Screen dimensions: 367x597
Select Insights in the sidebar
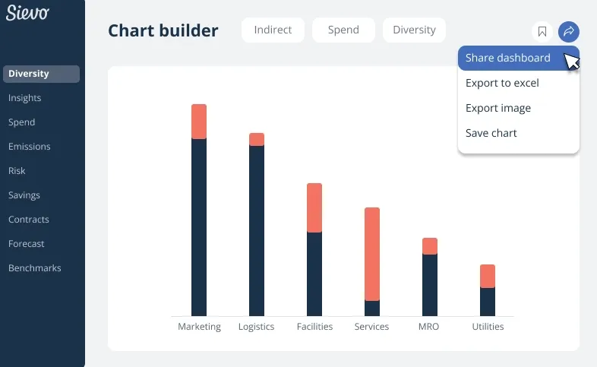coord(24,98)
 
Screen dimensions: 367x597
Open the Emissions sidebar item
coord(29,147)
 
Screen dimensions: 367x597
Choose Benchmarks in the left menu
coord(34,268)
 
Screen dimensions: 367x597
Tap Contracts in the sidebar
coord(28,220)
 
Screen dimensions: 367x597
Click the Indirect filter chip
coord(273,30)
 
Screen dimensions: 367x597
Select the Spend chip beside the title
coord(343,30)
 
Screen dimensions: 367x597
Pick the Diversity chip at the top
coord(414,30)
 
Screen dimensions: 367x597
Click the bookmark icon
coord(542,31)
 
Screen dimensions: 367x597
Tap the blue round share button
coord(568,31)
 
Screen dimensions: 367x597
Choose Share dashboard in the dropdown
coord(508,58)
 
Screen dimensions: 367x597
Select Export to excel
coord(502,83)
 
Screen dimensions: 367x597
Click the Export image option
coord(498,108)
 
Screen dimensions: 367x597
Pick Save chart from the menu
coord(491,133)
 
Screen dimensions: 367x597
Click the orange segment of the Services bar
coord(372,253)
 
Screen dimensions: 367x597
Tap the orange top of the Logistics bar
coord(257,139)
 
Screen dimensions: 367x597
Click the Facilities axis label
coord(314,327)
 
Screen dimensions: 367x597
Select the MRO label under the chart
coord(428,327)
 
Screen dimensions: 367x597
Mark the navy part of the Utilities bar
coord(488,302)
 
